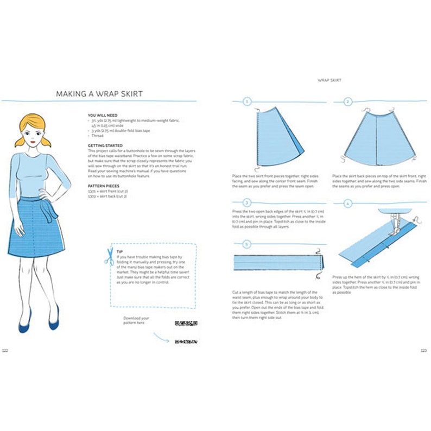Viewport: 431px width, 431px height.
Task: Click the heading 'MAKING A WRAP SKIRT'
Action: (x=99, y=94)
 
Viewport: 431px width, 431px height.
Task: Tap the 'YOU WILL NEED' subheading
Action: (x=102, y=116)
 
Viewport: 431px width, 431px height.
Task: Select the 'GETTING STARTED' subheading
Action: (x=105, y=145)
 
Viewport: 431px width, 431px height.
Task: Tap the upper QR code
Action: (x=186, y=324)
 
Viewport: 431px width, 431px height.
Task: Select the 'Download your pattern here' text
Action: (x=136, y=320)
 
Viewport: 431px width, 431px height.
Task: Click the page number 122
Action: (x=5, y=350)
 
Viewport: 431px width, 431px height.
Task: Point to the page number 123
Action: (x=423, y=350)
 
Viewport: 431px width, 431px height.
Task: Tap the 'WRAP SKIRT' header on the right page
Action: (x=329, y=80)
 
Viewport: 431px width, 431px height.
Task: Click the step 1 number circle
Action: (x=248, y=102)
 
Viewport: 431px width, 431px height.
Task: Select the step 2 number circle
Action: (x=348, y=102)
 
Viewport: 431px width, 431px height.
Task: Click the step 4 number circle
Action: (x=348, y=203)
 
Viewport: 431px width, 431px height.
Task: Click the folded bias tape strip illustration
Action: (x=278, y=263)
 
